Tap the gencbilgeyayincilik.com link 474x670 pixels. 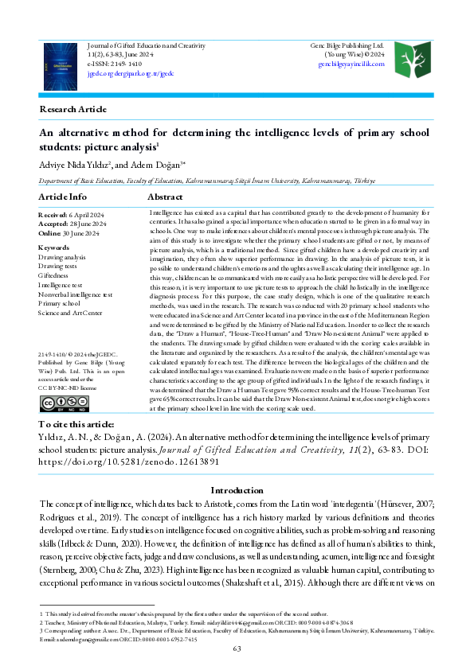351,64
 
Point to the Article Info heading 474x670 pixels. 63,196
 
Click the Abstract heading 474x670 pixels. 172,196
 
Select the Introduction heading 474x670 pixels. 237,490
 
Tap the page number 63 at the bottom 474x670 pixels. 237,649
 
